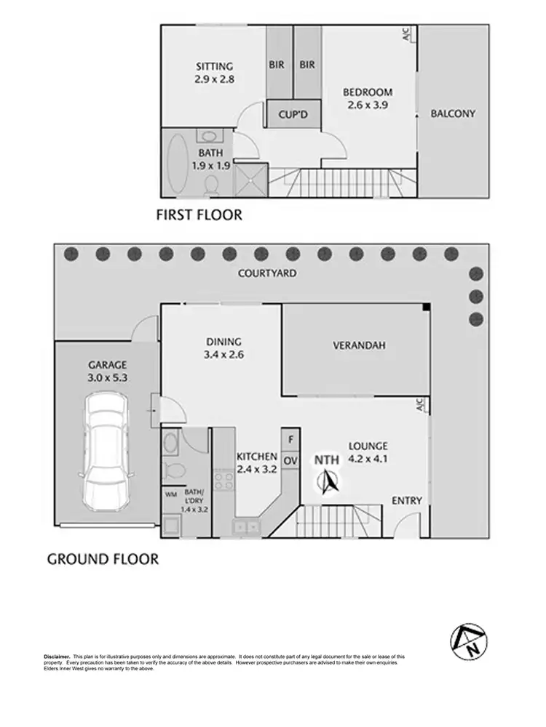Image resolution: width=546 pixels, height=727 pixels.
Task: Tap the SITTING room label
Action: pyautogui.click(x=214, y=66)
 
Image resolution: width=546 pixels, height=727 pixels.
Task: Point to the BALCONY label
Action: pyautogui.click(x=452, y=113)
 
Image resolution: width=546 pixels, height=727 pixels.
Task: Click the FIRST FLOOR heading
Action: pyautogui.click(x=199, y=215)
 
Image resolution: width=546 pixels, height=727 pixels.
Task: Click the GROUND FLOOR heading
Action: pyautogui.click(x=103, y=559)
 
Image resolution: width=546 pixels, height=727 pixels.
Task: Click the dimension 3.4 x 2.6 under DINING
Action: pyautogui.click(x=223, y=356)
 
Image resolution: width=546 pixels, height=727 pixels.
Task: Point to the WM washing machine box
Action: pyautogui.click(x=172, y=494)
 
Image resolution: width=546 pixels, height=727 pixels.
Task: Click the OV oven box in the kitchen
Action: pyautogui.click(x=290, y=460)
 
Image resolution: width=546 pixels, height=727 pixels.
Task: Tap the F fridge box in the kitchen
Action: pyautogui.click(x=290, y=439)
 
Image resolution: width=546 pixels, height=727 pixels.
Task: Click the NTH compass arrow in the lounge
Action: pyautogui.click(x=329, y=481)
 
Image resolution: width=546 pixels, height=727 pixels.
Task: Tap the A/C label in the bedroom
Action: pyautogui.click(x=407, y=33)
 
